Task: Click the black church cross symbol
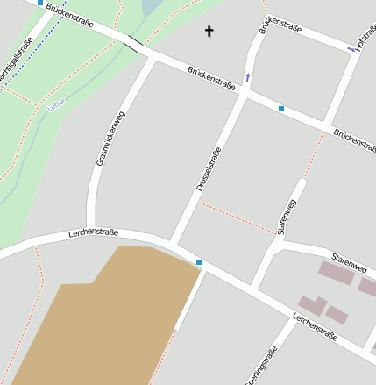[209, 32]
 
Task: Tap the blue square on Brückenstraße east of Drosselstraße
[281, 109]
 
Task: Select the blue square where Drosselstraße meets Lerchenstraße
[199, 262]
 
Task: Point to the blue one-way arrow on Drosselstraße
[247, 78]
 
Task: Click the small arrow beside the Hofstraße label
[352, 49]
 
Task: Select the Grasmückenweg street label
[110, 139]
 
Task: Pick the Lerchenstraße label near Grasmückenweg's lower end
[93, 232]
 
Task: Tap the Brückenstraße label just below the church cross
[211, 78]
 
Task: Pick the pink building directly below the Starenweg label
[336, 273]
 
